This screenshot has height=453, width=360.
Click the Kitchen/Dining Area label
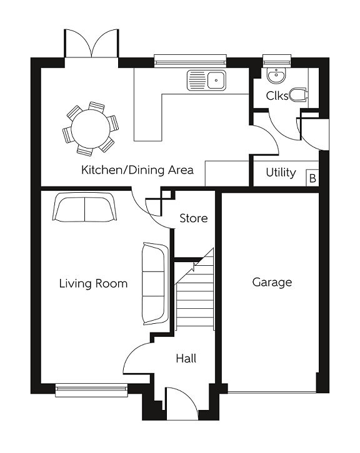pyautogui.click(x=137, y=170)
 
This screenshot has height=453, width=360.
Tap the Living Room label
pyautogui.click(x=93, y=284)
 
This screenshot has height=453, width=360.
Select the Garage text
pyautogui.click(x=272, y=282)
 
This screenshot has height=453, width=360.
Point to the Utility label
pyautogui.click(x=281, y=172)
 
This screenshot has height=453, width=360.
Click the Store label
pyautogui.click(x=193, y=218)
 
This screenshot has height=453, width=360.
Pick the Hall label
pyautogui.click(x=186, y=358)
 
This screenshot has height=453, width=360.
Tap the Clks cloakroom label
pyautogui.click(x=277, y=96)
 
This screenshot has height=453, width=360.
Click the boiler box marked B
pyautogui.click(x=312, y=178)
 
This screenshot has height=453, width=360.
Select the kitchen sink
pyautogui.click(x=207, y=80)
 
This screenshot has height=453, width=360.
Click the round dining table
pyautogui.click(x=89, y=129)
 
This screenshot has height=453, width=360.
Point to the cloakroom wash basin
pyautogui.click(x=276, y=76)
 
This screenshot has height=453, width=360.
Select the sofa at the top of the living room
pyautogui.click(x=84, y=208)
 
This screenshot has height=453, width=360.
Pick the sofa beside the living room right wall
pyautogui.click(x=154, y=283)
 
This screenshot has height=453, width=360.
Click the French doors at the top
pyautogui.click(x=91, y=44)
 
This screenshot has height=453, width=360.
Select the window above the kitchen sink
pyautogui.click(x=190, y=61)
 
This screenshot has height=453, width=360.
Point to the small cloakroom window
pyautogui.click(x=276, y=61)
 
